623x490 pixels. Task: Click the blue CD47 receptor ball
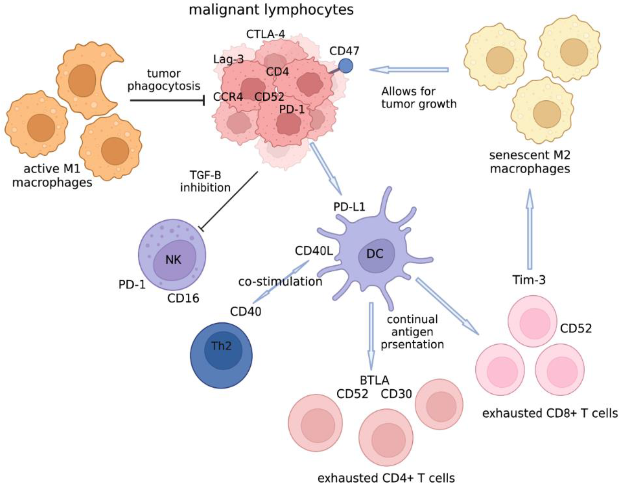tap(345, 66)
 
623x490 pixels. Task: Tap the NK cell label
tap(173, 260)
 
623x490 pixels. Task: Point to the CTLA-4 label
tap(266, 34)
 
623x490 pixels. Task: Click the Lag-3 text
tap(228, 60)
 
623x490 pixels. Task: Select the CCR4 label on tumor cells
tap(228, 97)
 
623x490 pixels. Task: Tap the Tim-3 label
tap(529, 280)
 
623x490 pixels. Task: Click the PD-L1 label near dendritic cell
tap(349, 207)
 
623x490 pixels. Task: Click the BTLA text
tap(374, 380)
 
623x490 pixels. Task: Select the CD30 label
tap(396, 394)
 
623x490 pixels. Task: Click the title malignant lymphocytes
tap(271, 10)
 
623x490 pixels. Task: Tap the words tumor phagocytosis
tap(164, 80)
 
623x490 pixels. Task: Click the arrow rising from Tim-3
tap(530, 230)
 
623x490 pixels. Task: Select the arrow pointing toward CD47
tap(409, 69)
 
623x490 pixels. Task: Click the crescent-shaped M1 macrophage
tap(86, 80)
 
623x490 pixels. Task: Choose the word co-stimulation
tap(280, 282)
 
